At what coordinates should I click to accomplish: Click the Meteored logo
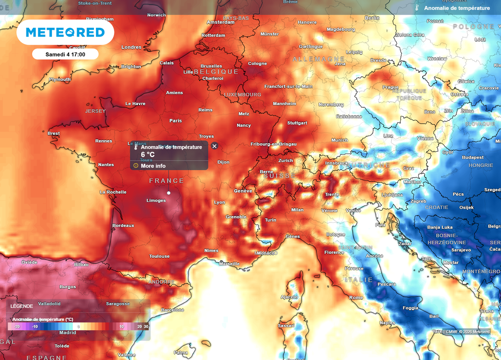(65, 32)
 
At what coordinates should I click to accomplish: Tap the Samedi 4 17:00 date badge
(66, 54)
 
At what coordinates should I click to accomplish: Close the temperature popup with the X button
(214, 146)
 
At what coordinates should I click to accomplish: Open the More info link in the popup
(153, 166)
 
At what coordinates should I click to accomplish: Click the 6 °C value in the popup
(148, 155)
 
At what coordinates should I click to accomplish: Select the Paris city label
(175, 120)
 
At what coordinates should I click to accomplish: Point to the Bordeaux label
(123, 225)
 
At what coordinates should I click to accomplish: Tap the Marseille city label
(229, 264)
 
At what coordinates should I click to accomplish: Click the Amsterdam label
(221, 22)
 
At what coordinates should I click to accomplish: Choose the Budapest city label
(473, 157)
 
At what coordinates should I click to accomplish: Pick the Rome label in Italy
(356, 297)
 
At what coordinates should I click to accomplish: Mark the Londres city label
(131, 47)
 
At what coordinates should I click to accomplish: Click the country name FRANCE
(166, 181)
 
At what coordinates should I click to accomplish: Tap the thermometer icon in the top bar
(417, 8)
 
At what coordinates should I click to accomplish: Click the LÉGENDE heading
(22, 306)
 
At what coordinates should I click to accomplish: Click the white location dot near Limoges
(169, 193)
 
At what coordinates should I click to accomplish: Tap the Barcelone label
(173, 310)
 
